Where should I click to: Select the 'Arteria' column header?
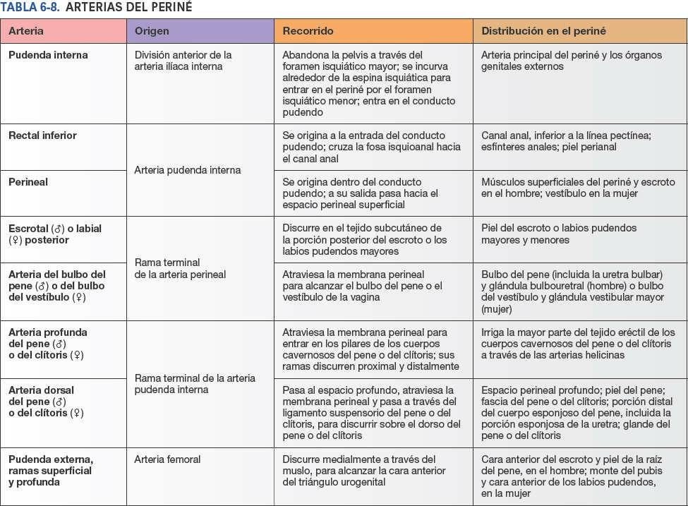(x=26, y=31)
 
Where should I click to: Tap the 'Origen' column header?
(x=152, y=31)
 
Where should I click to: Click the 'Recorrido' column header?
(x=308, y=31)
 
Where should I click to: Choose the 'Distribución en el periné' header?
(x=543, y=31)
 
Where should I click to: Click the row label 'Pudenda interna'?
(x=48, y=55)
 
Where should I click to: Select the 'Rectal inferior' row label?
(x=42, y=135)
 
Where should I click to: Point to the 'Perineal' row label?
(x=28, y=182)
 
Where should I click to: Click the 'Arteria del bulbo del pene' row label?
(x=56, y=285)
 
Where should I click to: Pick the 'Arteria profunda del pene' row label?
(x=48, y=343)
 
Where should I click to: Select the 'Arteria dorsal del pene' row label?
(x=46, y=401)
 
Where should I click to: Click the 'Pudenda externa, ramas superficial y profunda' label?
(x=51, y=471)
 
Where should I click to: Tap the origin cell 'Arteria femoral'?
(x=167, y=459)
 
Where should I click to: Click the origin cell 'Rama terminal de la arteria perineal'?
(x=180, y=268)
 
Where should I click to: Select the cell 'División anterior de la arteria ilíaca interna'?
(x=183, y=61)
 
